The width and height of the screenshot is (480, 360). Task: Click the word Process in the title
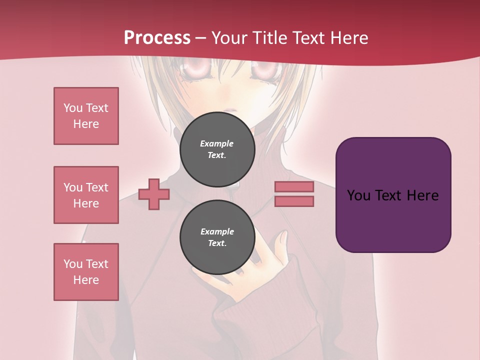pos(157,38)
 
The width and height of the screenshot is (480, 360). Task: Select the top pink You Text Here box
pos(86,116)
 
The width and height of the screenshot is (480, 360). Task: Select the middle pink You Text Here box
pos(86,195)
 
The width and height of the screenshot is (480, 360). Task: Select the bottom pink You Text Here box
pos(86,272)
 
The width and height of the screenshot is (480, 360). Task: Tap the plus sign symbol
pos(153,194)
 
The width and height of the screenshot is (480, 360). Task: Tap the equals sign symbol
pos(294,194)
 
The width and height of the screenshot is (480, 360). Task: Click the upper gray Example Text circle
pos(217,149)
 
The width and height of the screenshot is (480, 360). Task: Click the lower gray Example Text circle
pos(217,237)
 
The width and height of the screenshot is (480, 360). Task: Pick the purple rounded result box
pos(393,195)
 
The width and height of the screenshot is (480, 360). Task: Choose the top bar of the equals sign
pos(294,187)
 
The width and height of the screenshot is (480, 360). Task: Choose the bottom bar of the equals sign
pos(294,201)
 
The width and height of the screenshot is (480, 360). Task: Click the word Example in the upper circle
pos(217,143)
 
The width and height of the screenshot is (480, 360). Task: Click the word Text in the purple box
pos(391,195)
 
